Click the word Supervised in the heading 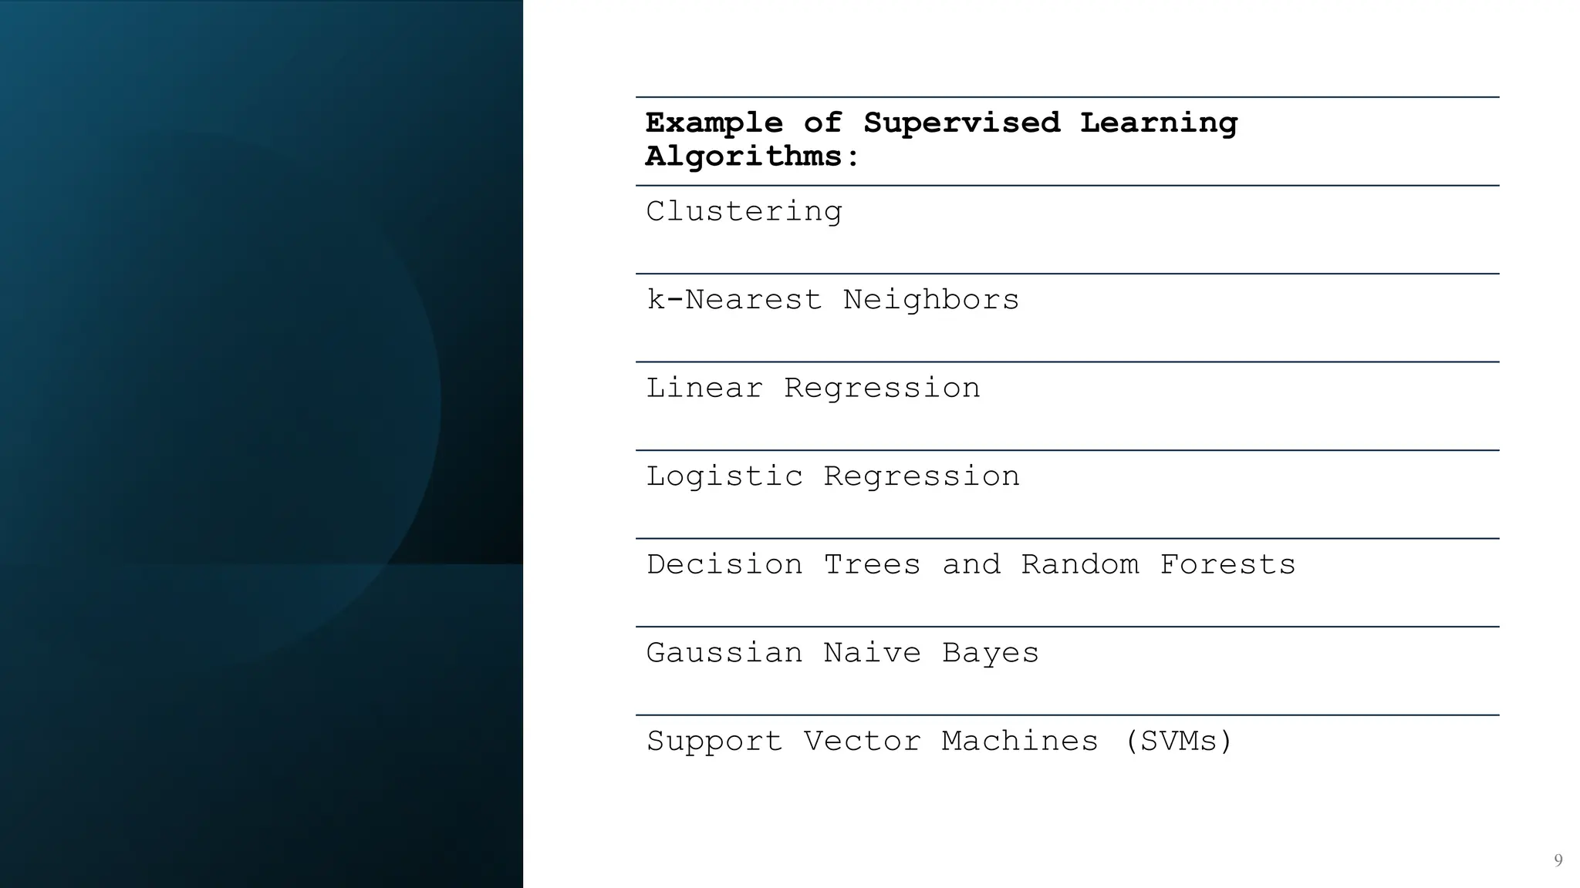[x=961, y=123]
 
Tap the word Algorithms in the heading [x=752, y=157]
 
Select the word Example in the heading [x=714, y=123]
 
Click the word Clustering [x=744, y=212]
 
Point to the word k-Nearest [x=734, y=300]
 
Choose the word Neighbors [x=930, y=300]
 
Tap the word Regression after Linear [x=882, y=388]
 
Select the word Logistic [x=724, y=477]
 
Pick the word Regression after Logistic [x=921, y=477]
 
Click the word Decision [x=724, y=565]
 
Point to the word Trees [x=872, y=565]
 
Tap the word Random [x=1079, y=565]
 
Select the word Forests [x=1227, y=565]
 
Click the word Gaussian [x=724, y=654]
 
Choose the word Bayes [x=990, y=654]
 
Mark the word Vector [x=862, y=742]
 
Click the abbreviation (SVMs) [x=1178, y=742]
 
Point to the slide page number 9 [x=1558, y=860]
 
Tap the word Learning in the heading [x=1158, y=123]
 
